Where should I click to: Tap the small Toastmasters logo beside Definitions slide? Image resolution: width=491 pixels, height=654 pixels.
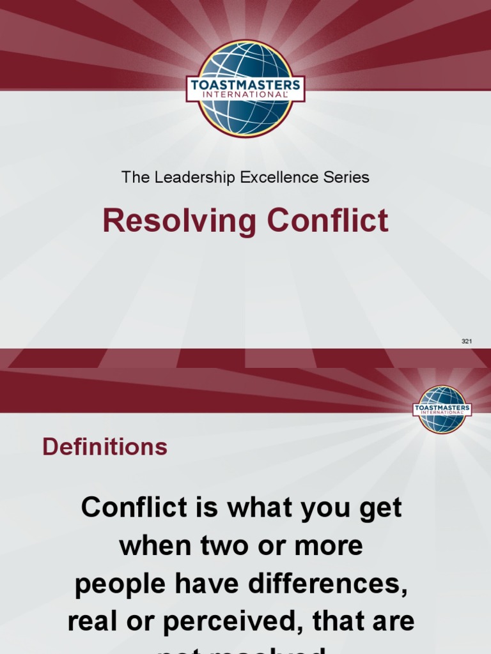pos(442,409)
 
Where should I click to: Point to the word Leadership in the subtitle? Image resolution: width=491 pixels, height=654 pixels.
pos(194,178)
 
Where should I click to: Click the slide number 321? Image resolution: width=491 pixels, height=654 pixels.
pos(467,342)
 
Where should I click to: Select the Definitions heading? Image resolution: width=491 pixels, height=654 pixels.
pos(105,447)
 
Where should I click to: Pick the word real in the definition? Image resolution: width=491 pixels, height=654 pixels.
pos(93,621)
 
